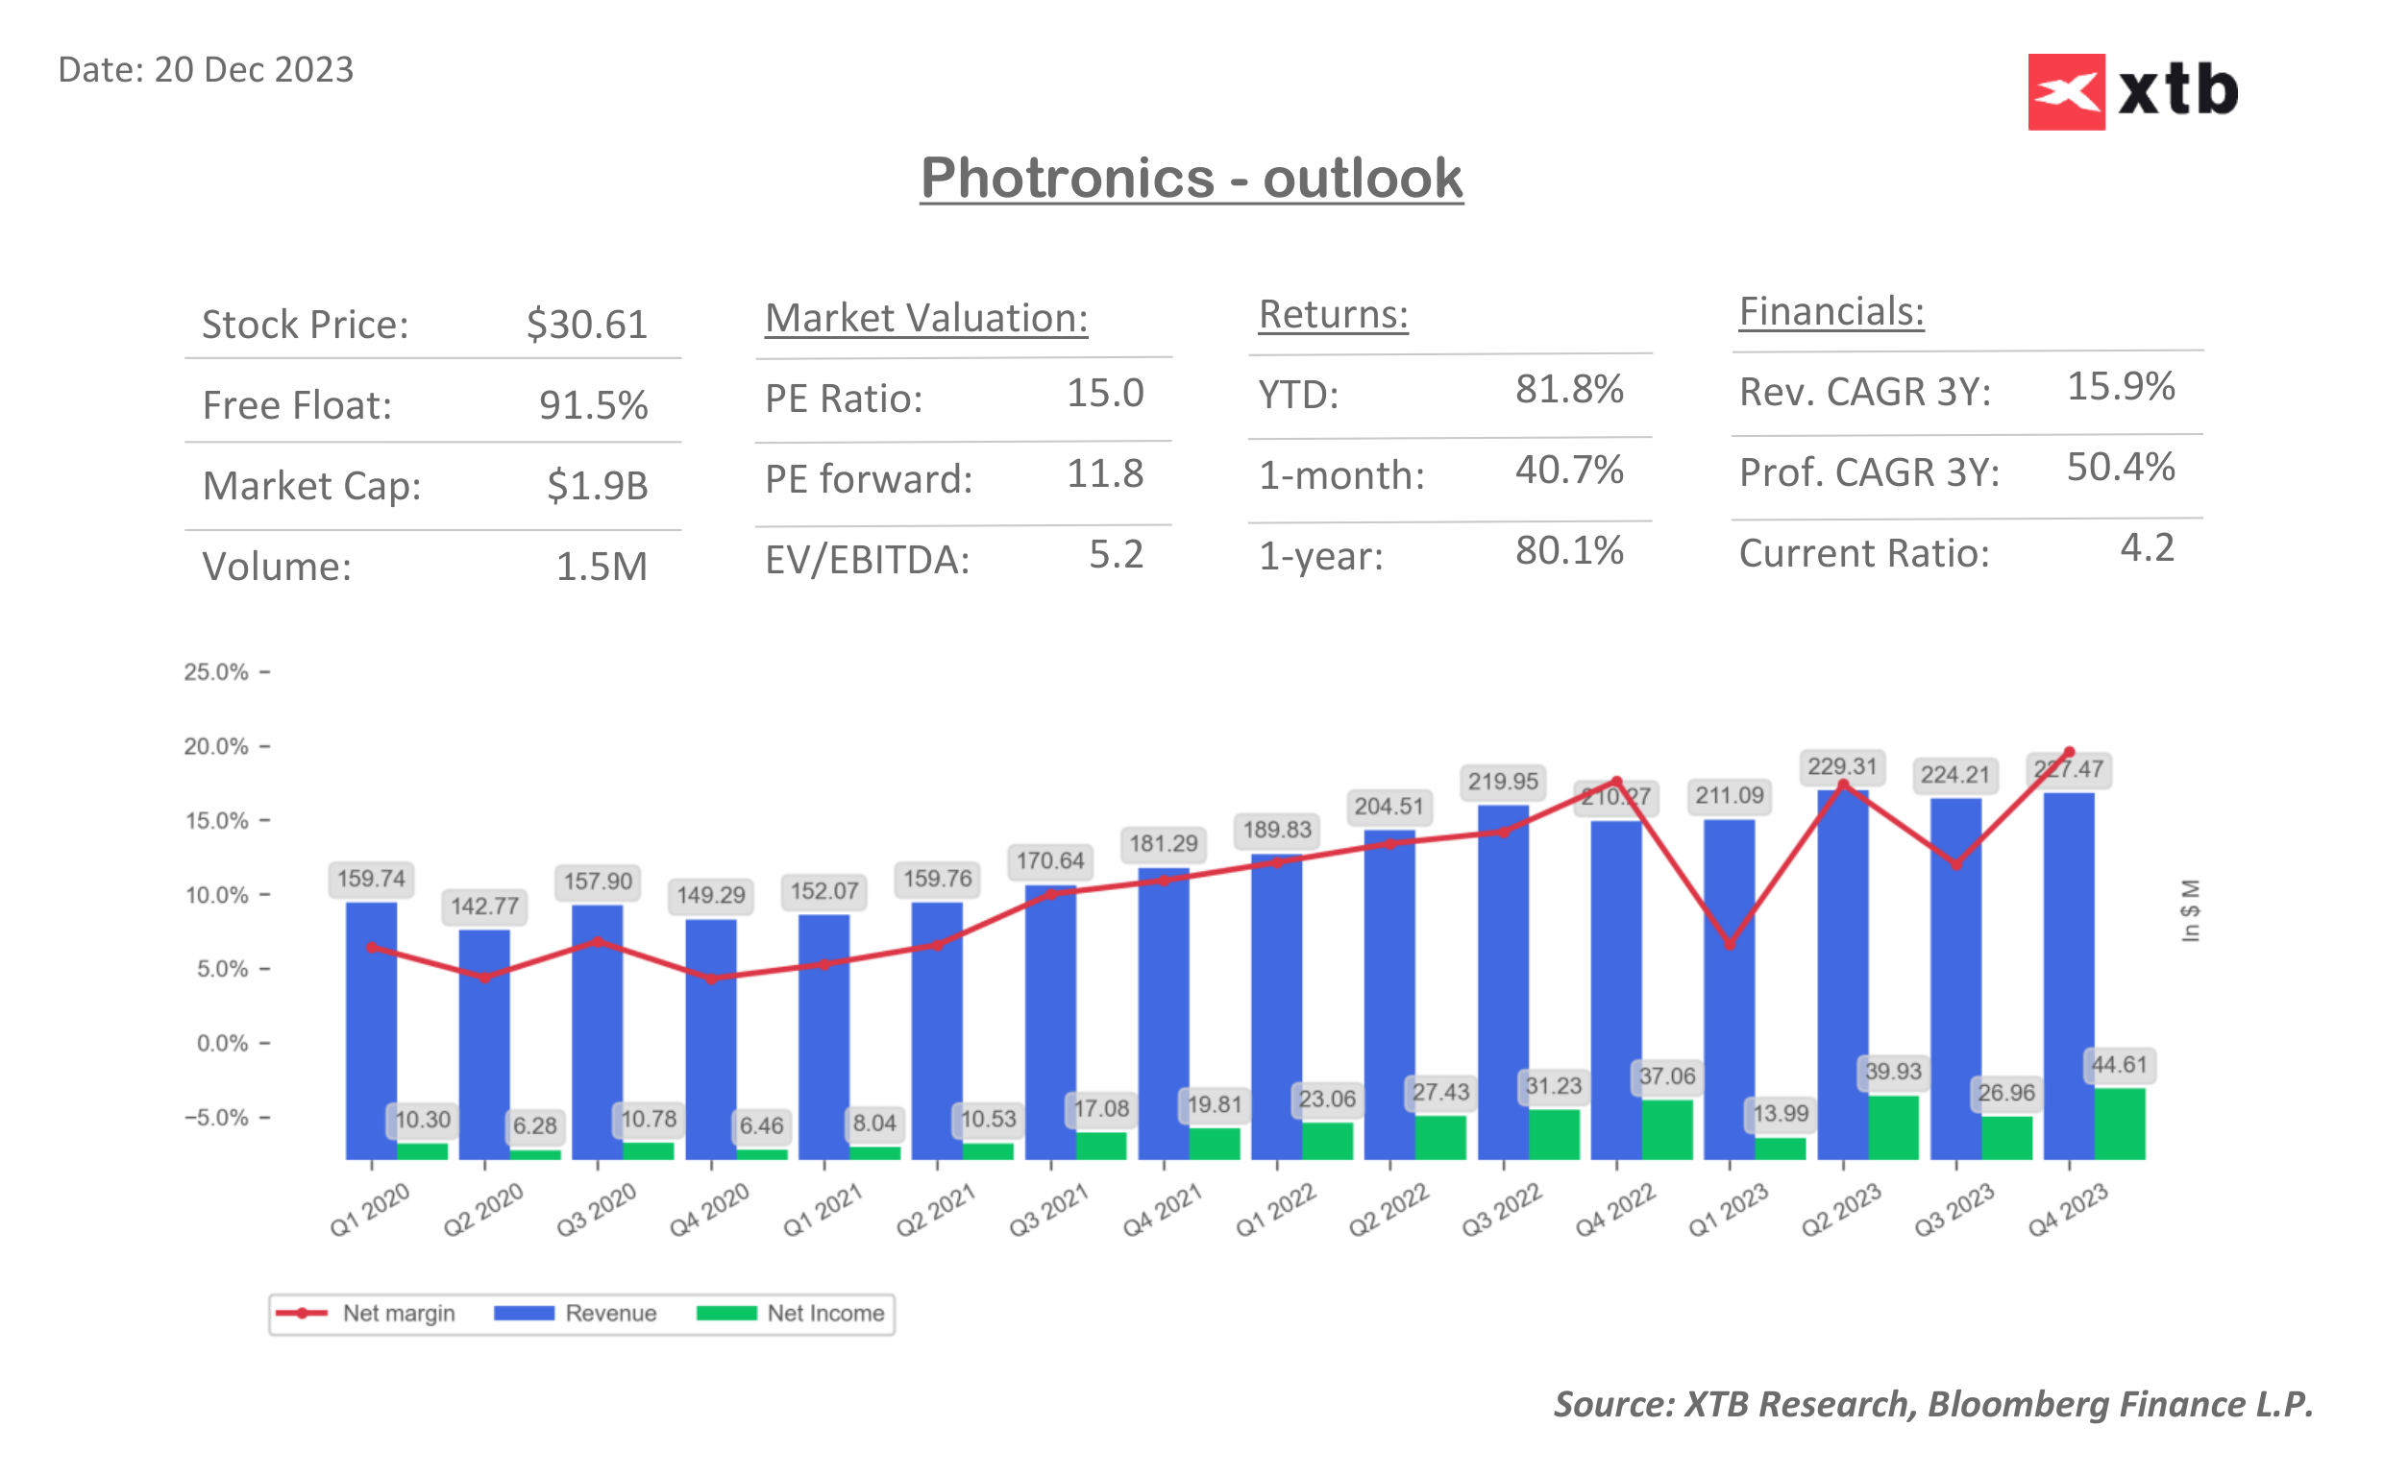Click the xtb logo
[2132, 91]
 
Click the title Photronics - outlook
[1191, 179]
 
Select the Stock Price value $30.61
[586, 325]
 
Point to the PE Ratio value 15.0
[1105, 393]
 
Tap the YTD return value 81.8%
[1568, 389]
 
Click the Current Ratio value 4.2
[2146, 548]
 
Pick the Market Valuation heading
[925, 318]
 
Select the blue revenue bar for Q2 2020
[484, 1044]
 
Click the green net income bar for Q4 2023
[2119, 1123]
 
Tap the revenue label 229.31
[1841, 766]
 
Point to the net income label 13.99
[1780, 1113]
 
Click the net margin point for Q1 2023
[1730, 944]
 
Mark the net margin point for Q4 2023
[2069, 752]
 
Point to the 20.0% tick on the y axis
[216, 746]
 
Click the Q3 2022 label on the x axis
[1501, 1210]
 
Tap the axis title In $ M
[2190, 910]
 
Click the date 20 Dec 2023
[253, 70]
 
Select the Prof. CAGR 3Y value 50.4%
[2120, 468]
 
